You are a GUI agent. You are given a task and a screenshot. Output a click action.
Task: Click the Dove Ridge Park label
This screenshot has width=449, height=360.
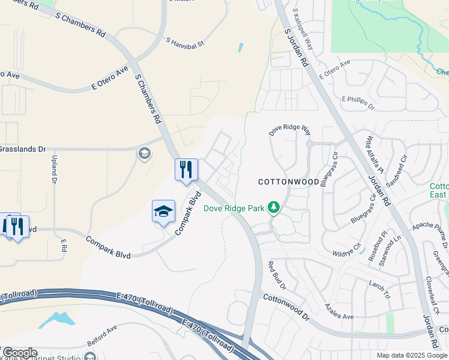[x=234, y=209]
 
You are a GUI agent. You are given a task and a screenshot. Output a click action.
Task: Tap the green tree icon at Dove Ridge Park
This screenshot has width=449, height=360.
[x=274, y=208]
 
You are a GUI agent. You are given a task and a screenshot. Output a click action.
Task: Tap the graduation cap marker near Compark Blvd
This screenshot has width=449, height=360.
[x=163, y=212]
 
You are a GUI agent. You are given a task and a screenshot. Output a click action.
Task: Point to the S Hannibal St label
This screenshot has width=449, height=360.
[x=185, y=43]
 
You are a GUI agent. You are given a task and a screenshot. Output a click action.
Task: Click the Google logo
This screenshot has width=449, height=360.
[x=19, y=353]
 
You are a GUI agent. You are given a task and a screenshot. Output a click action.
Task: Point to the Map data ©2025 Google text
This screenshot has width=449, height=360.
[x=411, y=355]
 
